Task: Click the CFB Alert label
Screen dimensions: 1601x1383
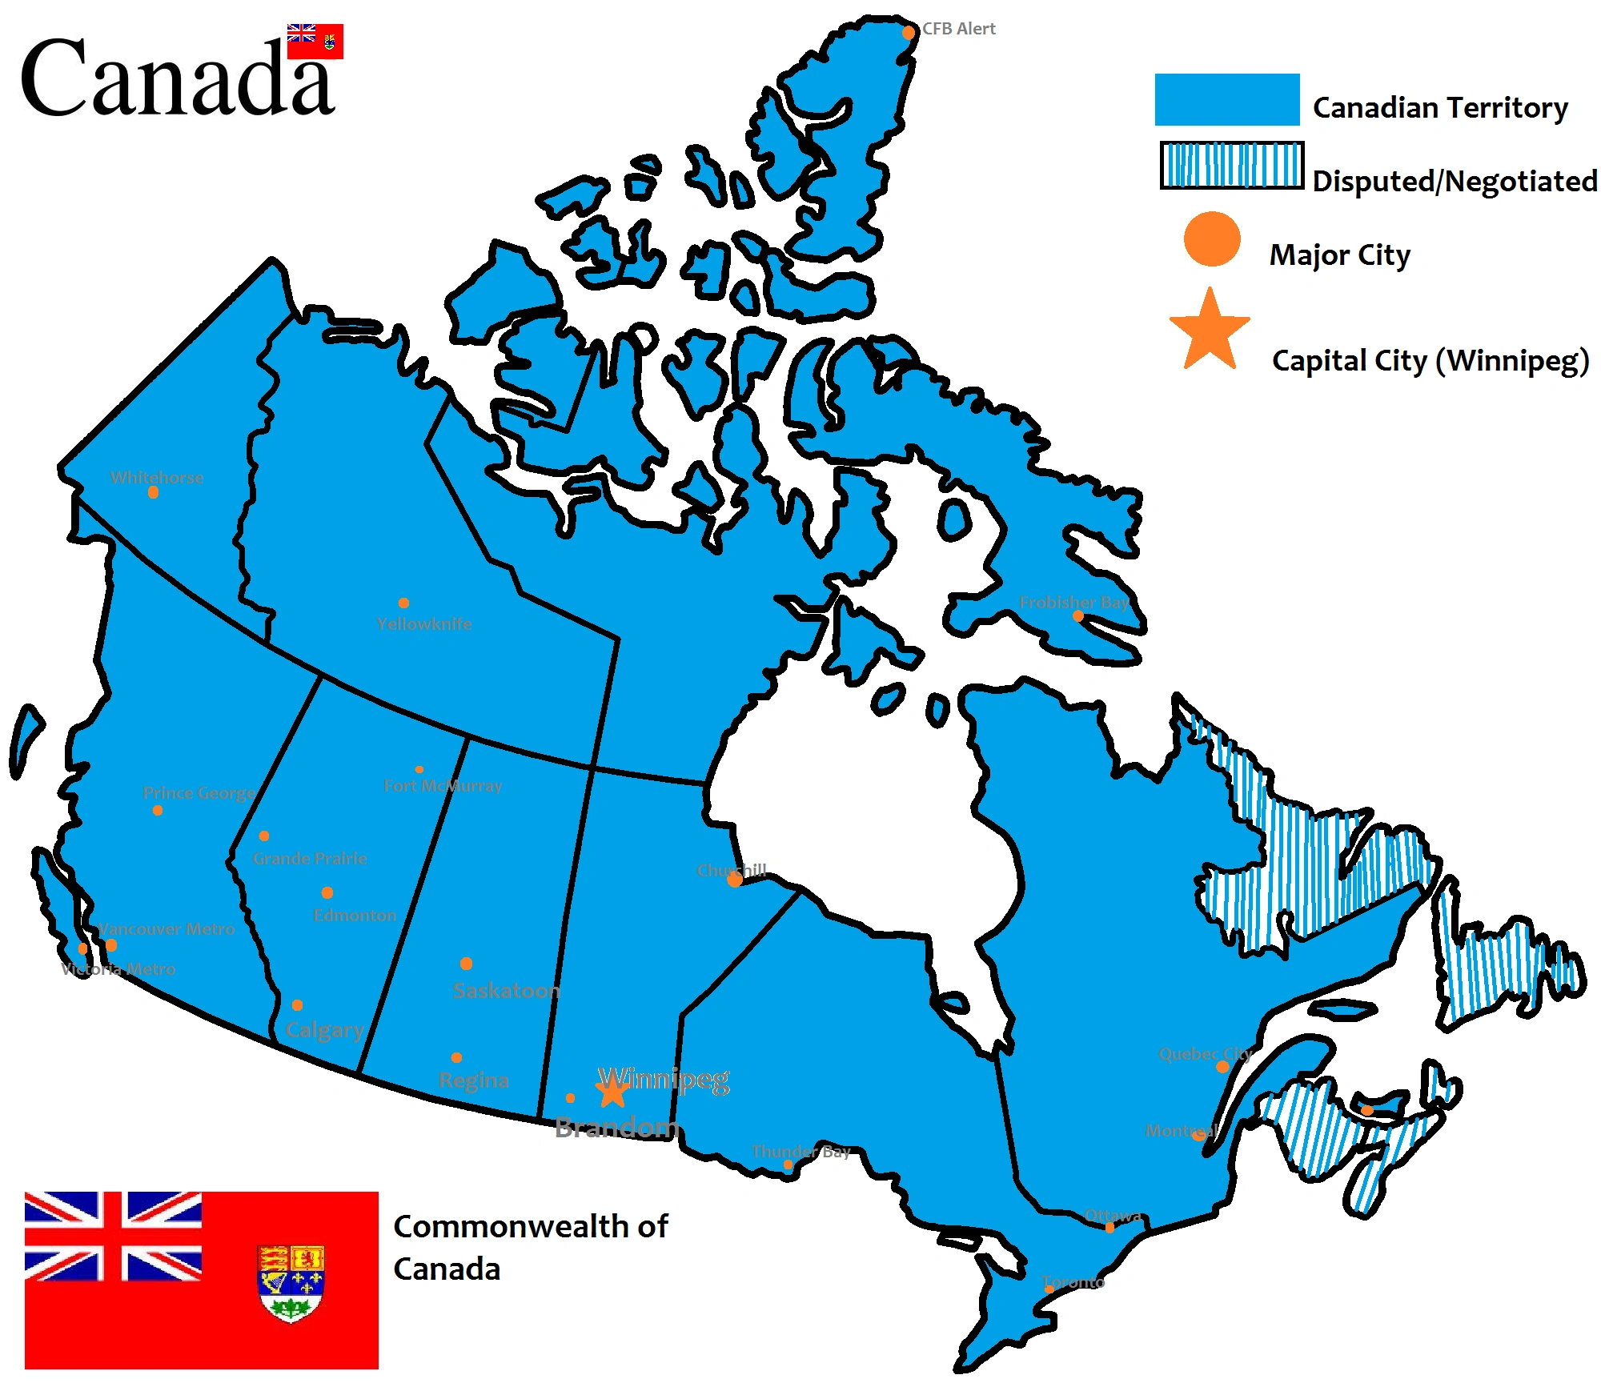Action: (x=958, y=29)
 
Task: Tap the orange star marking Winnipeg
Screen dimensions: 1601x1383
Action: (x=612, y=1092)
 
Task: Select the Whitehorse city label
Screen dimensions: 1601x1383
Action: (x=157, y=478)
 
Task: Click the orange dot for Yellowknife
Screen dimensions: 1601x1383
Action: (x=403, y=603)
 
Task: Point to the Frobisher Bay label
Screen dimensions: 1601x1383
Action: (x=1073, y=602)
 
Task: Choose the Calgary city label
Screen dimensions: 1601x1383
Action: (x=324, y=1030)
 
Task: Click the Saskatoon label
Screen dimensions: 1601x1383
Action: (x=506, y=991)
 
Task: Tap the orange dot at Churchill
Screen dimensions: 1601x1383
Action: (x=735, y=880)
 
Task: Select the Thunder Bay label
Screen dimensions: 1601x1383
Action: (x=800, y=1152)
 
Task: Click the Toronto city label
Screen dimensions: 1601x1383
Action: (x=1073, y=1282)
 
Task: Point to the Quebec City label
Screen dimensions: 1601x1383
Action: (x=1205, y=1054)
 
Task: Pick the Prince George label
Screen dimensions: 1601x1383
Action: (x=199, y=793)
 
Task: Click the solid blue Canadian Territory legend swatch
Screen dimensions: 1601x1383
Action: (x=1226, y=100)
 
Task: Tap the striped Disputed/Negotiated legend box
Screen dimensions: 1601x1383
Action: (x=1231, y=166)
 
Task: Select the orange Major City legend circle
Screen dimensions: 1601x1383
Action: (x=1211, y=239)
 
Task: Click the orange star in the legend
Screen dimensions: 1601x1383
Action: (x=1210, y=332)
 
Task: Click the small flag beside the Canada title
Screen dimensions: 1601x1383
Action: (x=315, y=41)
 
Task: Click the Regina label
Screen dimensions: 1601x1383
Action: (x=473, y=1080)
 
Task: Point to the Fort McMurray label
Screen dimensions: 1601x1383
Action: (x=443, y=786)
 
